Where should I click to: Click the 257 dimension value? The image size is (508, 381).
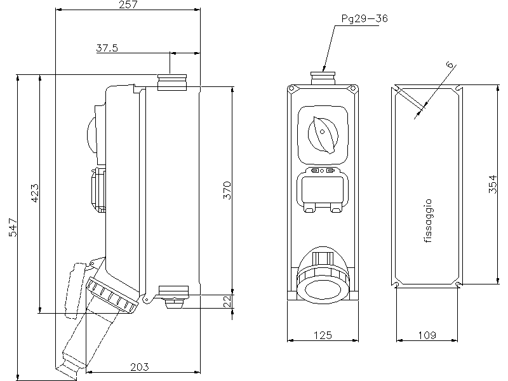coord(129,5)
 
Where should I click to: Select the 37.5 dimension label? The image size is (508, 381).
coord(107,48)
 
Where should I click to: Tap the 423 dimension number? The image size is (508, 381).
coord(35,193)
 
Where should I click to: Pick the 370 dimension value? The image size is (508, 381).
coord(227,190)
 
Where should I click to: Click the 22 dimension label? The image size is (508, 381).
coord(227,302)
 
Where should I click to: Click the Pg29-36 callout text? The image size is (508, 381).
coord(364,18)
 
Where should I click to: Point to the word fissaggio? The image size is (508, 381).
coord(427,220)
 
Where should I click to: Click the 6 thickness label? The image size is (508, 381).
coord(450,65)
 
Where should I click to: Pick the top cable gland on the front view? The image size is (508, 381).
coord(323,77)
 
